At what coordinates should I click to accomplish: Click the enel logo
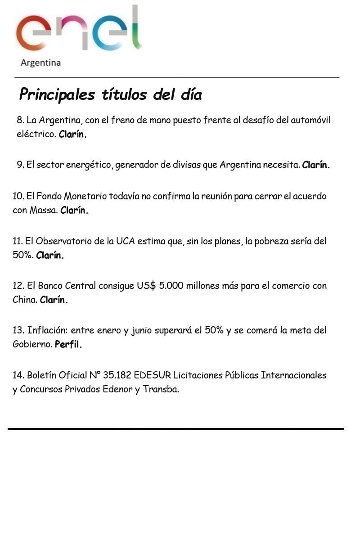click(x=79, y=29)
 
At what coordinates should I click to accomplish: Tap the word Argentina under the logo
click(x=40, y=63)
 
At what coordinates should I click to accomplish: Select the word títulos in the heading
click(x=124, y=95)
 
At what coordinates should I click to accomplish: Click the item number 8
click(x=20, y=121)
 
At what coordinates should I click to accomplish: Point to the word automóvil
click(x=310, y=121)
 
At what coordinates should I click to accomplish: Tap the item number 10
click(x=18, y=196)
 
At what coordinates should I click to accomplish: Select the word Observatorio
click(x=65, y=241)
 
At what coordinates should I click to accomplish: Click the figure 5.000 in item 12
click(x=171, y=286)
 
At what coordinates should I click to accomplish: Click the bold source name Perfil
click(x=68, y=345)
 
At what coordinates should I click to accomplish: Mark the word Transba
click(x=161, y=389)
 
